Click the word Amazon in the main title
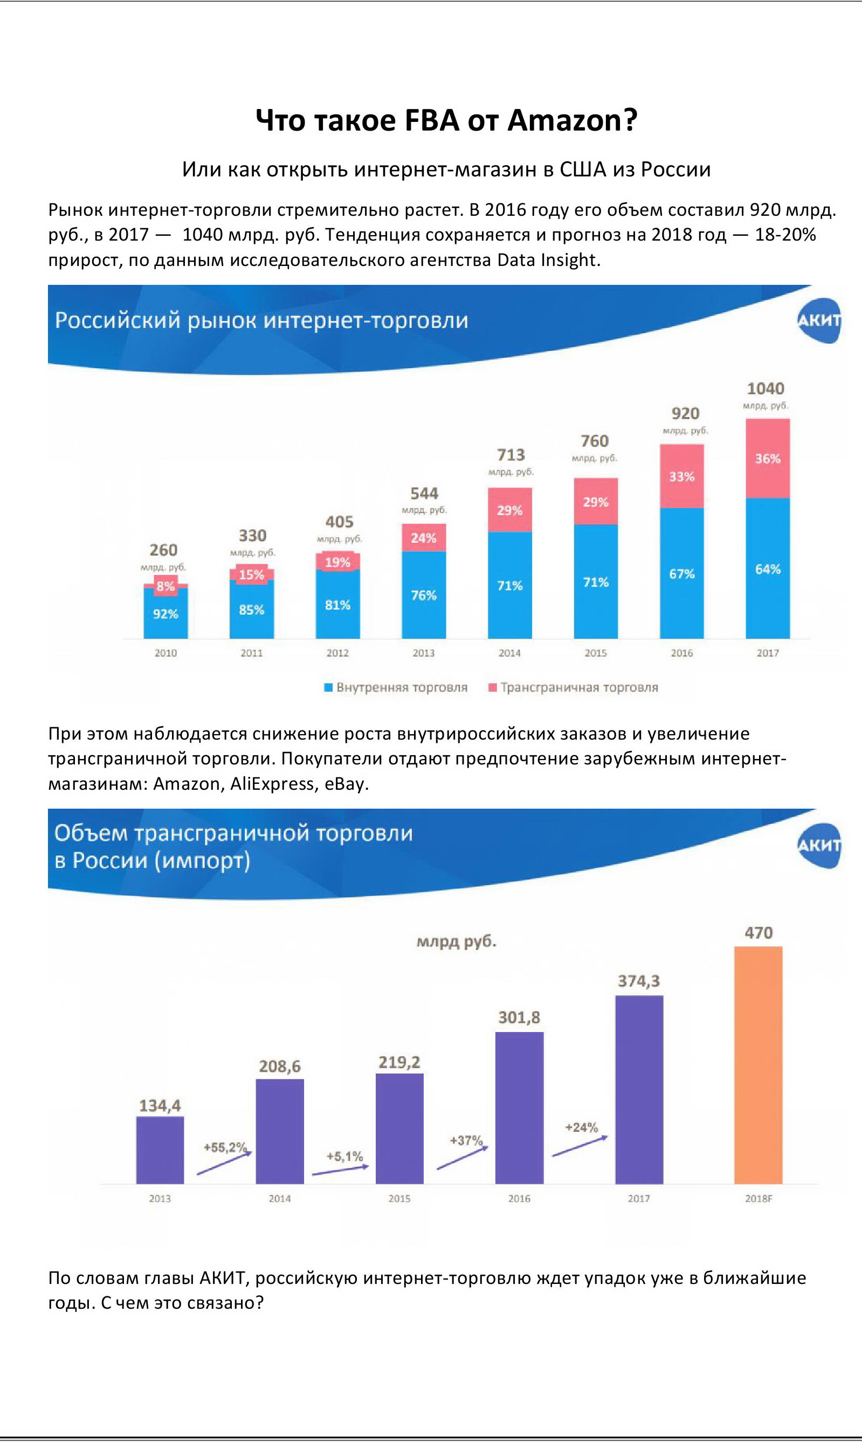[x=571, y=120]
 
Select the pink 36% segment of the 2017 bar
[x=767, y=459]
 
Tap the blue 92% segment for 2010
[x=165, y=614]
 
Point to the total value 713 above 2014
[x=511, y=455]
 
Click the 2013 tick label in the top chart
[x=423, y=653]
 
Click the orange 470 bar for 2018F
[x=758, y=1065]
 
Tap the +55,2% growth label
[x=225, y=1147]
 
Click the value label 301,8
[x=519, y=1017]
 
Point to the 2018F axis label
[x=758, y=1199]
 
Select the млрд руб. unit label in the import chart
[x=457, y=941]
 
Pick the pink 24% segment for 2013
[x=423, y=538]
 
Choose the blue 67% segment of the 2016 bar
[x=681, y=573]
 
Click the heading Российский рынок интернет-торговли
[x=261, y=320]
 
